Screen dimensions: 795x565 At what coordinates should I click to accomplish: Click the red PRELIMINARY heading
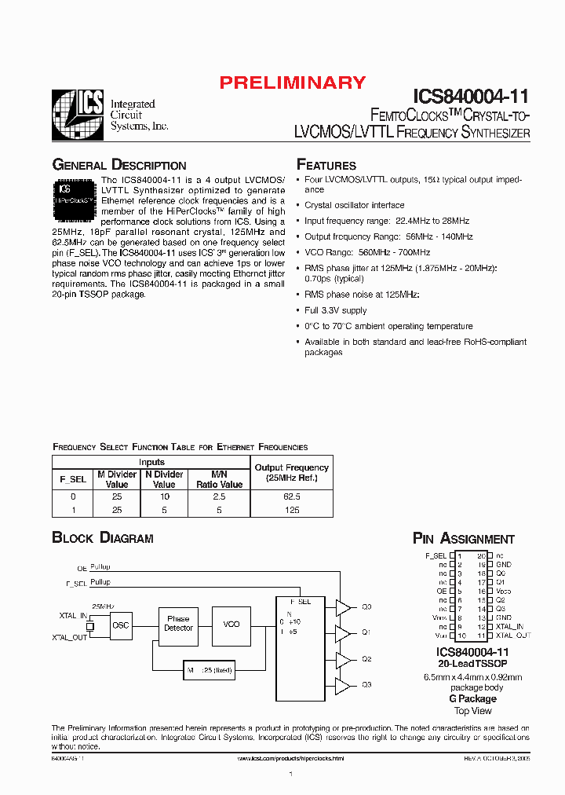(x=292, y=82)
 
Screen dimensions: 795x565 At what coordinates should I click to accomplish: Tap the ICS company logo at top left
(x=77, y=115)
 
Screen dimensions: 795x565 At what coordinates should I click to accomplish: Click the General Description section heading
(x=119, y=165)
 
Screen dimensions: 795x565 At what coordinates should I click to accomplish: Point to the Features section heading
(x=326, y=165)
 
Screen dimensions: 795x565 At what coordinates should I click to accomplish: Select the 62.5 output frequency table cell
(x=291, y=496)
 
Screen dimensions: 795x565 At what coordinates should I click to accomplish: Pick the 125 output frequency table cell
(x=291, y=510)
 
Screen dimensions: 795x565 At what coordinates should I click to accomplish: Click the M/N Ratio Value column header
(x=220, y=479)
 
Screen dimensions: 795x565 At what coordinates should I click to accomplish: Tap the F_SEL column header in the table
(x=73, y=479)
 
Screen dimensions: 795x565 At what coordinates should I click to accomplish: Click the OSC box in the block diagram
(x=121, y=625)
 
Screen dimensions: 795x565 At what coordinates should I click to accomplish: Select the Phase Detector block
(x=178, y=624)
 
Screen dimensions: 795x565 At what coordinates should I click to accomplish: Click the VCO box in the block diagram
(x=231, y=624)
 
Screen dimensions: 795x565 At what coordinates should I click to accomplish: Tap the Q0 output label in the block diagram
(x=366, y=607)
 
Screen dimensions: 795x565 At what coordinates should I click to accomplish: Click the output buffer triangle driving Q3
(x=343, y=684)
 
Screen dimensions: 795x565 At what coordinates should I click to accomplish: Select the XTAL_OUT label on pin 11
(x=513, y=635)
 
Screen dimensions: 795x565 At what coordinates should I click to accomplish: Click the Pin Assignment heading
(x=464, y=539)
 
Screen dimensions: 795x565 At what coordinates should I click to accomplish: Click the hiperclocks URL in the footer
(x=290, y=758)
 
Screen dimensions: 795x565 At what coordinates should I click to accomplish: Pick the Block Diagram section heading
(x=103, y=538)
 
